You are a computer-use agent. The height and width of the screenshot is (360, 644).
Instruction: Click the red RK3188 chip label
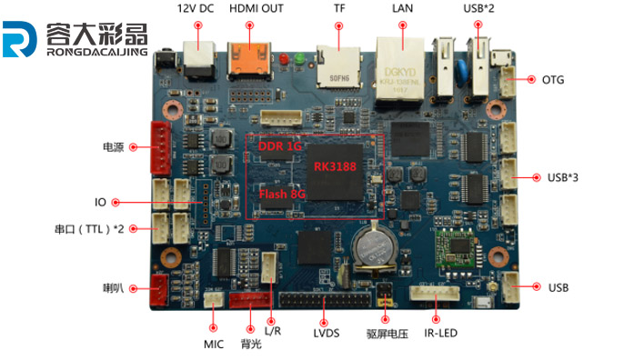point(335,166)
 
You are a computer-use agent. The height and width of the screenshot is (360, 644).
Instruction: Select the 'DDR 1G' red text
point(279,146)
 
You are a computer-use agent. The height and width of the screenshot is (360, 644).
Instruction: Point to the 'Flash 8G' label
point(281,193)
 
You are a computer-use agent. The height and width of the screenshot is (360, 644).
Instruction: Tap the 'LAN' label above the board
point(402,8)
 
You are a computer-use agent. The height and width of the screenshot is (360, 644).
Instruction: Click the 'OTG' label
point(553,80)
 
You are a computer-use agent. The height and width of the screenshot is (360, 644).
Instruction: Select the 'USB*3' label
point(563,176)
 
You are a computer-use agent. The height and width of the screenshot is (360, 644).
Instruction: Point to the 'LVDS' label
point(326,333)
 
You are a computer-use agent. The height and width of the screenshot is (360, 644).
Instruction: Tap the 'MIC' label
point(214,345)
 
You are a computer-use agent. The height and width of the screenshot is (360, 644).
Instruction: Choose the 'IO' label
point(101,202)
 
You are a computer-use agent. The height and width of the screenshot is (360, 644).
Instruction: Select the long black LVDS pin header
point(325,301)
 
